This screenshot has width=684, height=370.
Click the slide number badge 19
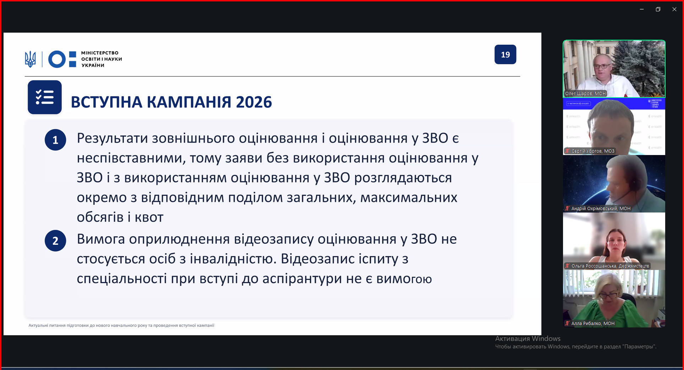(x=505, y=54)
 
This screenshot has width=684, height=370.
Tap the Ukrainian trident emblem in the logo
(x=31, y=59)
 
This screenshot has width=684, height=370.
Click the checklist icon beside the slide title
(x=45, y=97)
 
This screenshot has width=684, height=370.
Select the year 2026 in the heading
(x=254, y=102)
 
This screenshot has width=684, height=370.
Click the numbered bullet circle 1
(x=55, y=140)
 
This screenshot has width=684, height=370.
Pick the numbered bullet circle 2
(x=55, y=241)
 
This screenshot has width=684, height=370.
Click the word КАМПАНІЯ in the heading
(x=189, y=102)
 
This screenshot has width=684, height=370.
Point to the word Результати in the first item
(x=112, y=139)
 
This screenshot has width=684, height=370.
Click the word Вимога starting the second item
(x=101, y=239)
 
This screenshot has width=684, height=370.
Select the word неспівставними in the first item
(x=131, y=158)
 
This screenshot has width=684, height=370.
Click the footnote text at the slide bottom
(x=121, y=325)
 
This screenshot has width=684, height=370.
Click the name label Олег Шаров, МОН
(x=585, y=94)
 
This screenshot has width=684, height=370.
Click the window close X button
(x=674, y=9)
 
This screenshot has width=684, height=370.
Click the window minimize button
(x=642, y=9)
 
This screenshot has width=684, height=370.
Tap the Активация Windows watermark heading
(x=528, y=339)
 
